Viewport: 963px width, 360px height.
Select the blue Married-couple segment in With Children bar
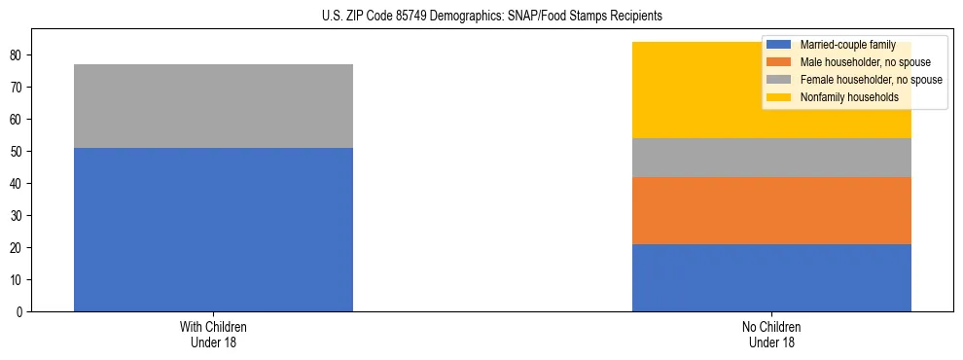(213, 230)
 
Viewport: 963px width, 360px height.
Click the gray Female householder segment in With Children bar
(213, 106)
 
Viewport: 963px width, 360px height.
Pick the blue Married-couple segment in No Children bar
(771, 277)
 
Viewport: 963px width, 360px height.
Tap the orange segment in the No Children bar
(771, 210)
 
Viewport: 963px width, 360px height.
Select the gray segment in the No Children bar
(771, 158)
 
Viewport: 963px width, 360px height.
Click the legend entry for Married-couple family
(846, 45)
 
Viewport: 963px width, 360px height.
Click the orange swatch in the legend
(779, 62)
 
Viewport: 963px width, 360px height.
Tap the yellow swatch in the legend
(779, 97)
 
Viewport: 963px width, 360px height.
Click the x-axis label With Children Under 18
(213, 335)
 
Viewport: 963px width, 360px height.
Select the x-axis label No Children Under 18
(771, 335)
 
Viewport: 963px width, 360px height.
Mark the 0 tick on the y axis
(20, 312)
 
